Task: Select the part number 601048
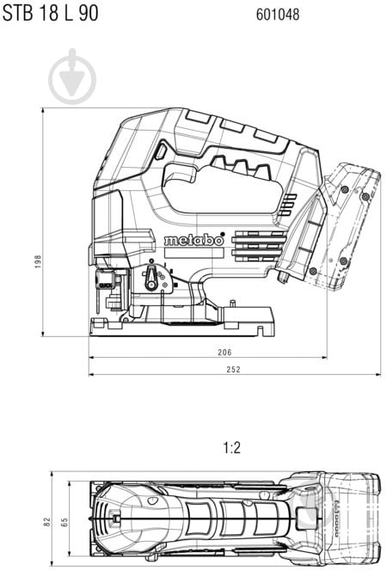pyautogui.click(x=278, y=15)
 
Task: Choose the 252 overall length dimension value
pyautogui.click(x=233, y=369)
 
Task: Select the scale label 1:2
pyautogui.click(x=231, y=448)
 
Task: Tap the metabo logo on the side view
pyautogui.click(x=193, y=240)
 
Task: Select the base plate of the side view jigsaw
pyautogui.click(x=181, y=325)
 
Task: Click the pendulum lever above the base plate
pyautogui.click(x=152, y=278)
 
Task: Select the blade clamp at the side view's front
pyautogui.click(x=107, y=284)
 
